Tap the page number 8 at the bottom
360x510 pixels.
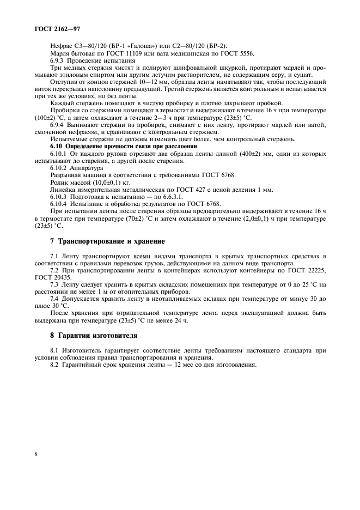[x=35, y=453]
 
